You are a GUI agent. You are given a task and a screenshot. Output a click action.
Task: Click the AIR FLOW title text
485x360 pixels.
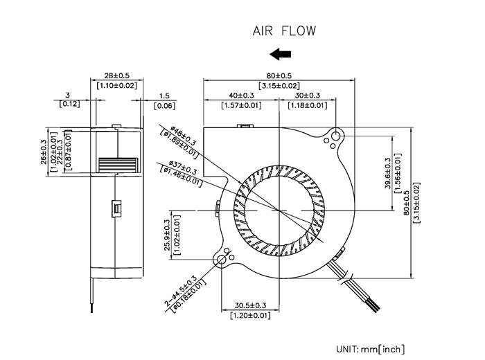click(284, 31)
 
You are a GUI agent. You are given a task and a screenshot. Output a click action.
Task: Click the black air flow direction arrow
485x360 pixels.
click(280, 54)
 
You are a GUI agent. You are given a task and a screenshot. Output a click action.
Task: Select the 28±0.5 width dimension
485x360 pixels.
click(116, 75)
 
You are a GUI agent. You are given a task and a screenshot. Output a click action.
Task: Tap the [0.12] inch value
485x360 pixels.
click(69, 104)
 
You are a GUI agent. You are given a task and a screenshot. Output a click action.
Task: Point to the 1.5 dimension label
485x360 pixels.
click(164, 96)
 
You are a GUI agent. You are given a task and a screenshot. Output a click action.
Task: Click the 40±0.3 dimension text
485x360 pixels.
click(241, 96)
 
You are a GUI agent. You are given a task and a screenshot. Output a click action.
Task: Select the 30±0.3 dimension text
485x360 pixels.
click(307, 96)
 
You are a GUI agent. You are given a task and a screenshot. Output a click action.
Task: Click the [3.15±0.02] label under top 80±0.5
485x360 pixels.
click(279, 86)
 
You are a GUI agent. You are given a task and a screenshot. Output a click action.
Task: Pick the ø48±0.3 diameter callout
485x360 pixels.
click(183, 136)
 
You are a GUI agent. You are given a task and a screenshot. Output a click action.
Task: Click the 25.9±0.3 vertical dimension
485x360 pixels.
click(167, 235)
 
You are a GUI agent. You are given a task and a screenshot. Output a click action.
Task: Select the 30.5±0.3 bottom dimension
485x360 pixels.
click(250, 305)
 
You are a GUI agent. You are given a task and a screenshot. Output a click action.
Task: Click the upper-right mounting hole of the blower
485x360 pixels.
click(336, 136)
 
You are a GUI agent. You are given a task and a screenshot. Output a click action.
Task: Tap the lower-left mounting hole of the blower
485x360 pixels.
click(222, 260)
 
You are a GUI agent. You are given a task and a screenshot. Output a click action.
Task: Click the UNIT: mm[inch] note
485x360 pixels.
click(370, 349)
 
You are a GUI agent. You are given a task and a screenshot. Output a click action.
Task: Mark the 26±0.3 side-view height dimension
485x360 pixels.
click(44, 152)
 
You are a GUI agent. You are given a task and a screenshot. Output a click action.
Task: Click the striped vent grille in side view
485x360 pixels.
click(118, 165)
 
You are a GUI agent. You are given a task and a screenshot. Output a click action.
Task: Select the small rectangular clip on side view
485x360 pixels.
click(116, 208)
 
